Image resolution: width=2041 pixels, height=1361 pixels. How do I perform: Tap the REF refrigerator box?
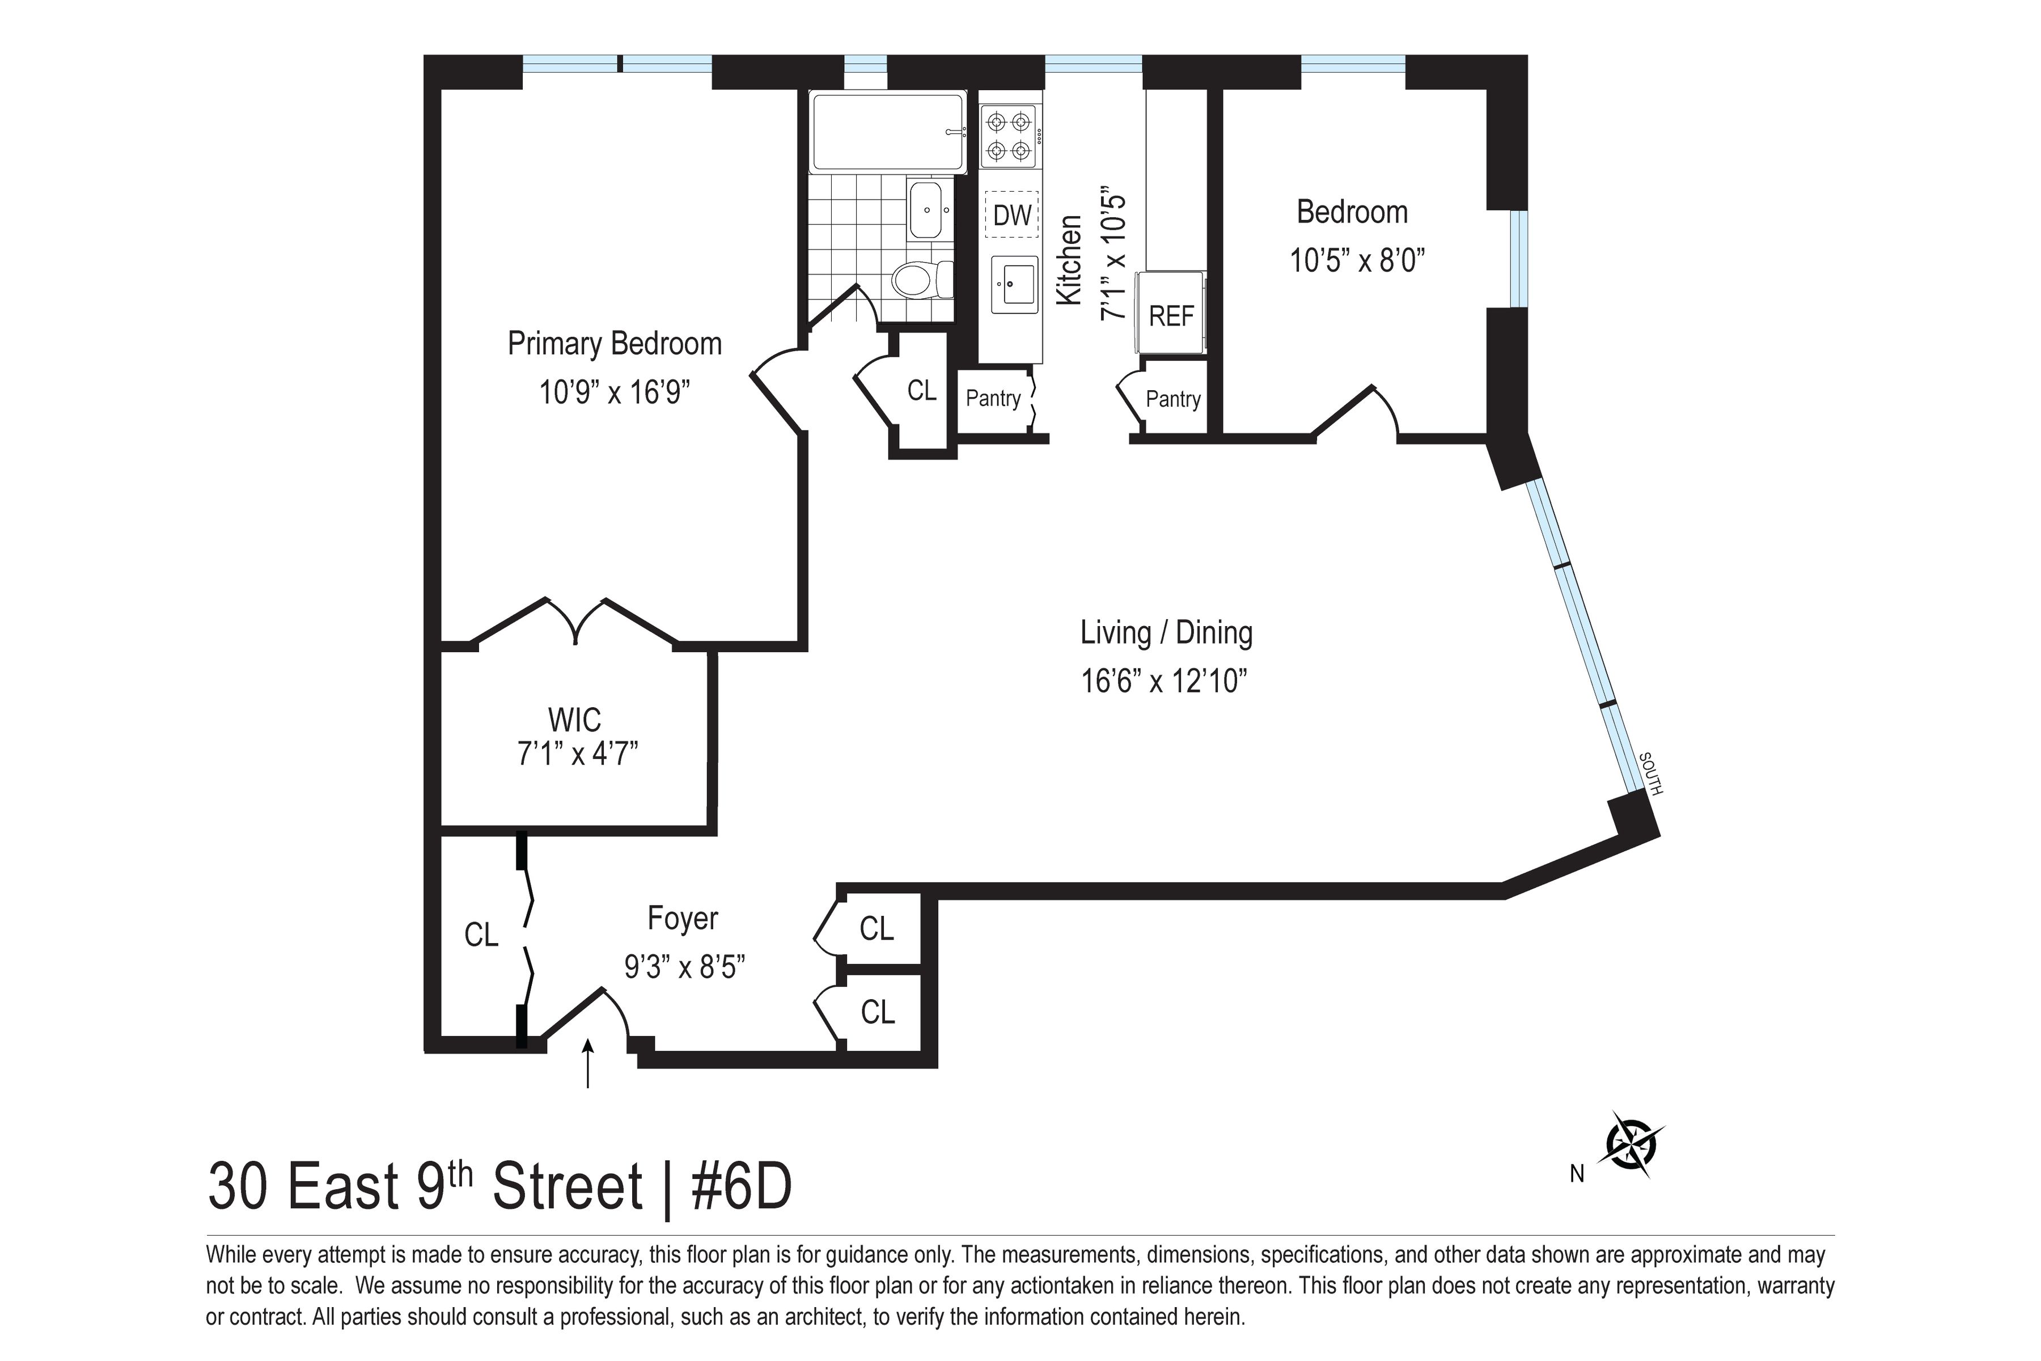[1171, 315]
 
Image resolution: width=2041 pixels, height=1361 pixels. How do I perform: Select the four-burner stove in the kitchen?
[1011, 136]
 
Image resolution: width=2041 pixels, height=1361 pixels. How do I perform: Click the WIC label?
[574, 720]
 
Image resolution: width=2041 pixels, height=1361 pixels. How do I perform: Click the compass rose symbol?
[1634, 1144]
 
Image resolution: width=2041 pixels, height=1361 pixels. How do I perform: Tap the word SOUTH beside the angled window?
[1650, 774]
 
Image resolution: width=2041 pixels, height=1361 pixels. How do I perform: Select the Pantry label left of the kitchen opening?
[993, 399]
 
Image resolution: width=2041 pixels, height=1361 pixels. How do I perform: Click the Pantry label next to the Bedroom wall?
[1172, 399]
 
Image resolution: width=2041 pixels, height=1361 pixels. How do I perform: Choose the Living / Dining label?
[1166, 633]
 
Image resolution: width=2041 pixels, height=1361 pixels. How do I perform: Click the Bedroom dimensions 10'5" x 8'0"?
[1357, 260]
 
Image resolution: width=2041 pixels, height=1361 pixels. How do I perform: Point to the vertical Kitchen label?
[1069, 260]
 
